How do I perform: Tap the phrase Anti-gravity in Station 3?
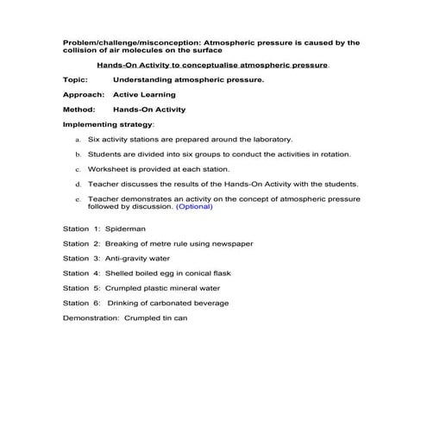coord(125,259)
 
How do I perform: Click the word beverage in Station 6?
coord(209,303)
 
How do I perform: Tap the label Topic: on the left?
coord(75,79)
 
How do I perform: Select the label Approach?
coord(83,95)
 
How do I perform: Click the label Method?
coord(78,110)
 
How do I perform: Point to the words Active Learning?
coord(144,95)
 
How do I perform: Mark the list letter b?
coord(78,154)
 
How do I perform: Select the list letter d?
coord(78,184)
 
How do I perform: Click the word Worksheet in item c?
coord(108,169)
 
